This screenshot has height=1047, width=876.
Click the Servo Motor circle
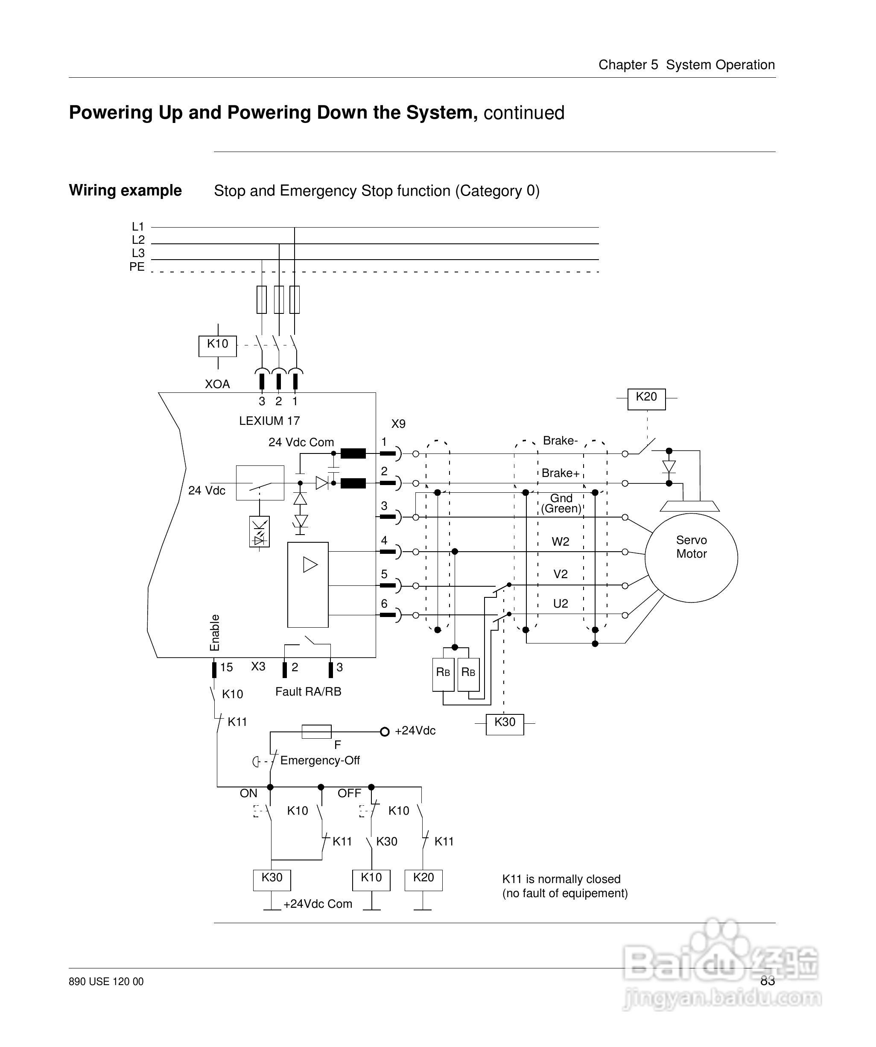point(691,557)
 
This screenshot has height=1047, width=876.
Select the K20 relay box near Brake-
point(646,398)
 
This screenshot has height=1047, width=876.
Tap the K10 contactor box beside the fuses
point(217,345)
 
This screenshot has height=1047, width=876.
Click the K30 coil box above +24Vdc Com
point(272,880)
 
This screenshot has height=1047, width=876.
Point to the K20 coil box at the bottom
point(423,880)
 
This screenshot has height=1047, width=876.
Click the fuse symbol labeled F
point(317,731)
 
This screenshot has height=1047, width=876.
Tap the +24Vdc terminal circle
point(384,731)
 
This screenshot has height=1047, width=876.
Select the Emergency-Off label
point(320,760)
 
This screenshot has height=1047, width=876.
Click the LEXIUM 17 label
point(269,421)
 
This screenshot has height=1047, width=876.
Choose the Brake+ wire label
point(561,473)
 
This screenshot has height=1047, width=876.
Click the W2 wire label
point(561,542)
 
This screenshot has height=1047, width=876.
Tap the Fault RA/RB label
point(308,691)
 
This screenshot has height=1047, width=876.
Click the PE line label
point(137,267)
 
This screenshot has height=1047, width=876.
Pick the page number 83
point(768,981)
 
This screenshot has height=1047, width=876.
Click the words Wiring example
point(125,190)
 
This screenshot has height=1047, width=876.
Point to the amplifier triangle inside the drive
point(310,565)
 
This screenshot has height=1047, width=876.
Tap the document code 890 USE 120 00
point(106,982)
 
